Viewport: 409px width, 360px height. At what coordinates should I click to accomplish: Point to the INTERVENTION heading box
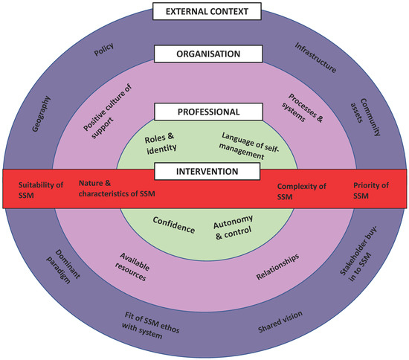coord(207,172)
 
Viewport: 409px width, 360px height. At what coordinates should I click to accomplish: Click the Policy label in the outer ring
coord(103,54)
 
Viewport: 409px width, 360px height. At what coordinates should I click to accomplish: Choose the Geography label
coord(44,112)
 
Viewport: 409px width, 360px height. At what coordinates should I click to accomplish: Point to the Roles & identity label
coord(161,142)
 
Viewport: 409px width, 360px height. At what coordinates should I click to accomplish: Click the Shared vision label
coord(280,322)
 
